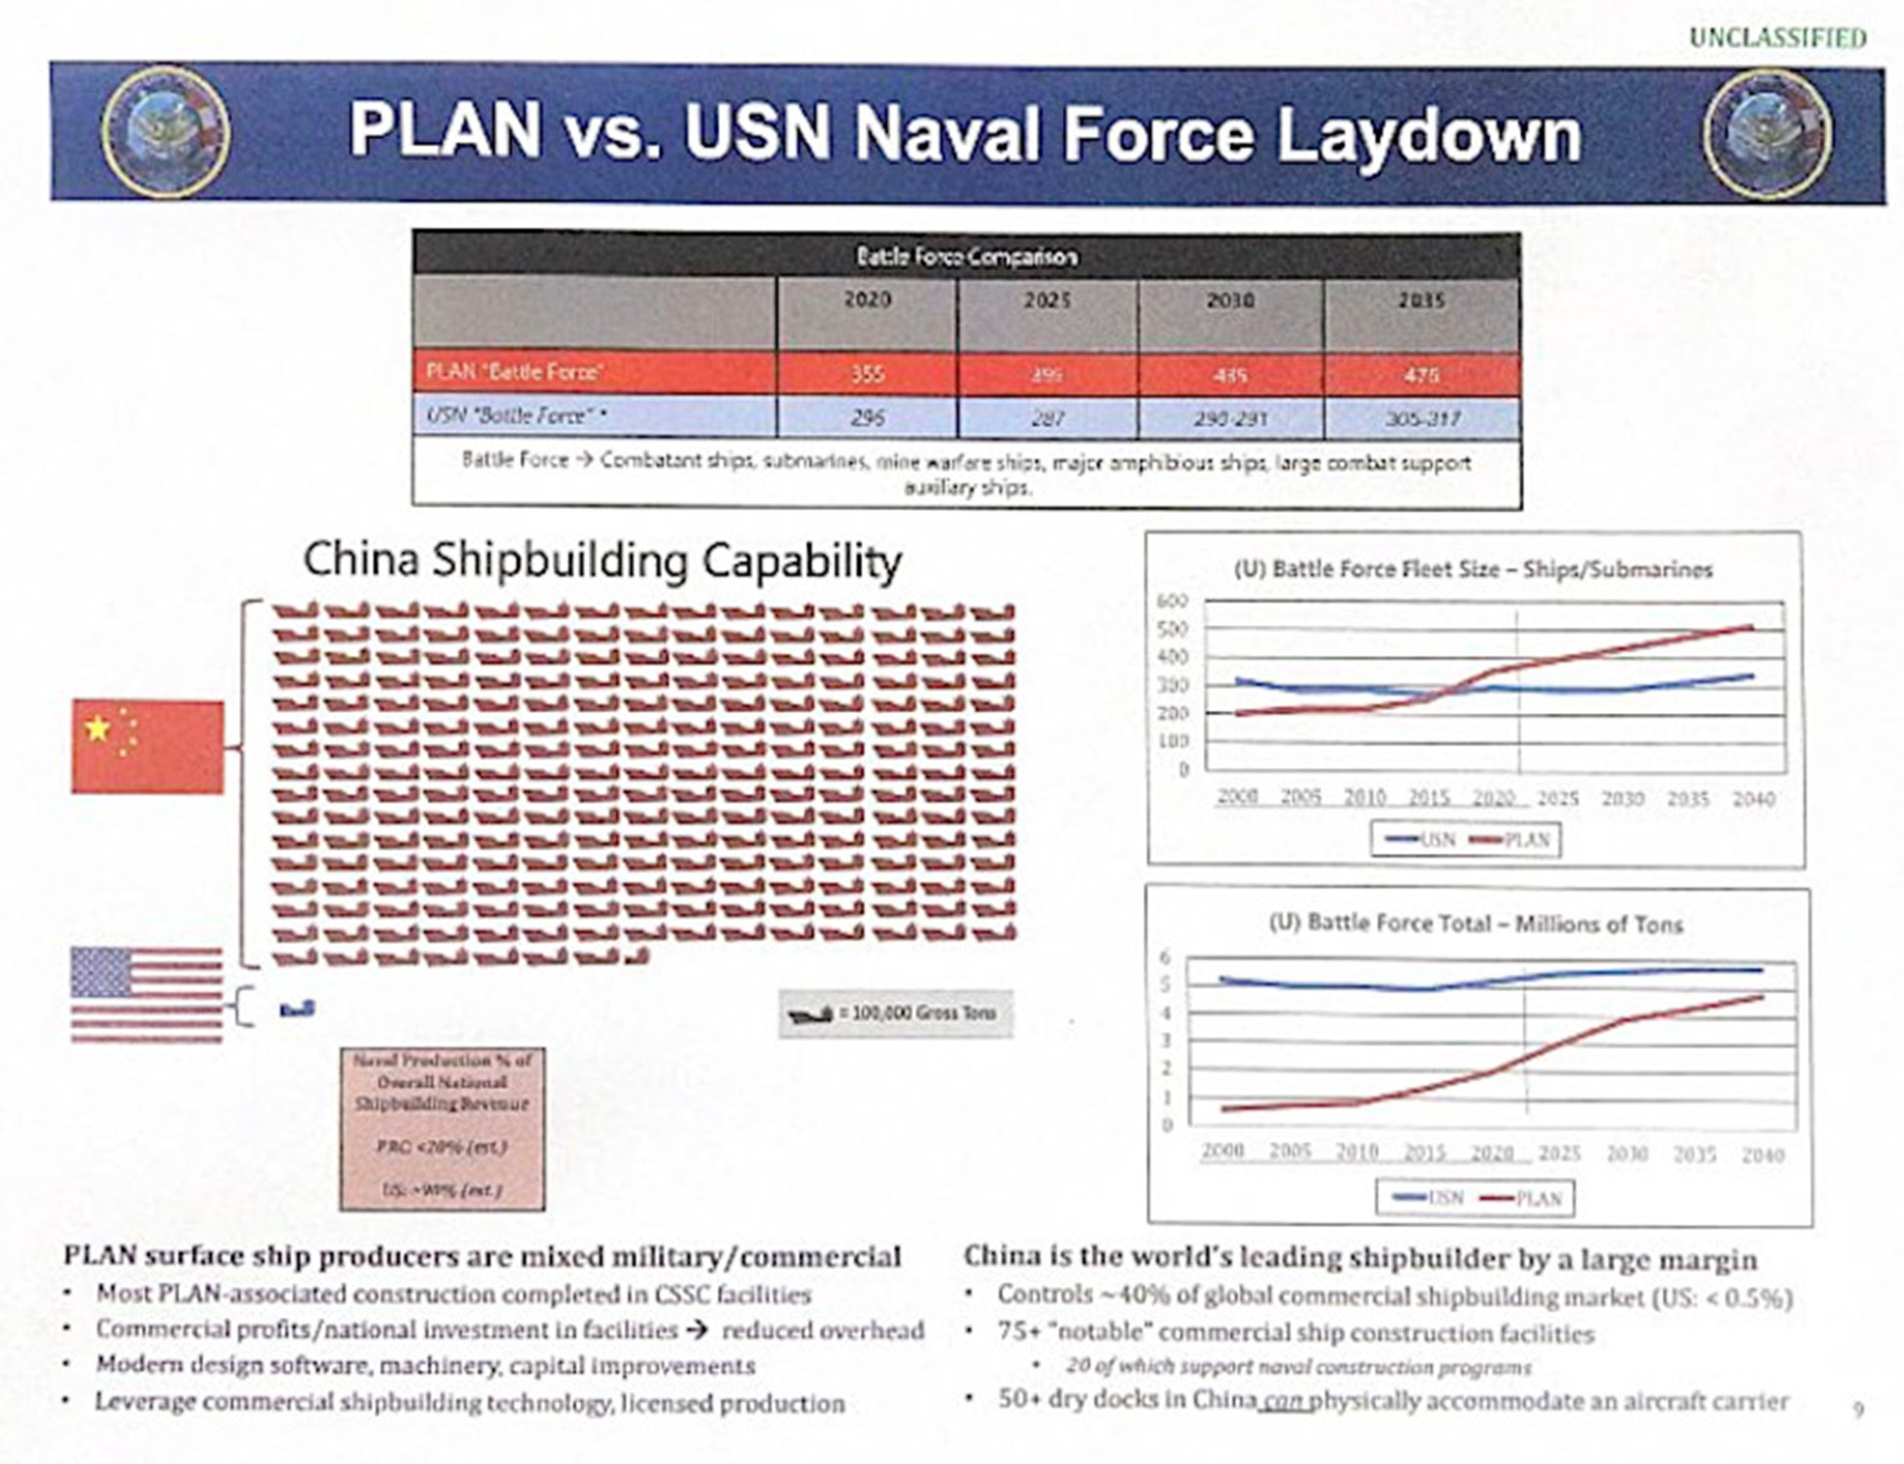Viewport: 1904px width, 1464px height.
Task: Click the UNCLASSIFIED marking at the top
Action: tap(1777, 38)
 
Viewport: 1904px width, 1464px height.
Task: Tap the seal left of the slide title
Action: tap(166, 132)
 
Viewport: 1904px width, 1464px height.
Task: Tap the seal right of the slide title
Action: tap(1768, 133)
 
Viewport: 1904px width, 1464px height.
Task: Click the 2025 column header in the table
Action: tap(1047, 301)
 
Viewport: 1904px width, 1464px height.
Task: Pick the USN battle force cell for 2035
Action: tap(1422, 419)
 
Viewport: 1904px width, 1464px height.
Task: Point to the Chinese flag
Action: tap(147, 747)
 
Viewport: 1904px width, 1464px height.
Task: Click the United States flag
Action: tap(146, 994)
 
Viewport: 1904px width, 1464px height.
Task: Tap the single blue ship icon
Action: tap(298, 1009)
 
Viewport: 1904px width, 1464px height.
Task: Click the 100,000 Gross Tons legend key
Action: tap(895, 1014)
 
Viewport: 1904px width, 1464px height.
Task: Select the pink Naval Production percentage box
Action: tap(442, 1129)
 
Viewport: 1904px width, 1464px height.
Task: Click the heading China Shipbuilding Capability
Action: tap(602, 561)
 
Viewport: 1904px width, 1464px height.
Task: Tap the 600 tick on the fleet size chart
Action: tap(1173, 601)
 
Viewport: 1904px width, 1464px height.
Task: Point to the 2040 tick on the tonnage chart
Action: tap(1762, 1155)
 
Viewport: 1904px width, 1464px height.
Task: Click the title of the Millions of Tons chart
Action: tap(1475, 924)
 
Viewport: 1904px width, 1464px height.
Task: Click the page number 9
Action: tap(1858, 1409)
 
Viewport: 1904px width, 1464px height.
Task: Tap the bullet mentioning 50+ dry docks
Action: tap(1392, 1401)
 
